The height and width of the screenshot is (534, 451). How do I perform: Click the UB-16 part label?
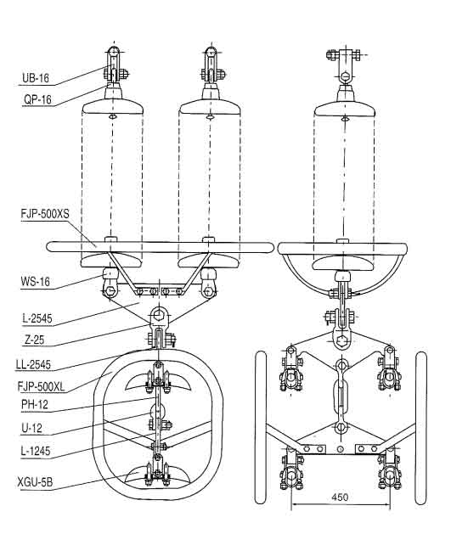pyautogui.click(x=36, y=78)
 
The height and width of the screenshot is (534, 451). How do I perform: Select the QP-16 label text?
pyautogui.click(x=37, y=99)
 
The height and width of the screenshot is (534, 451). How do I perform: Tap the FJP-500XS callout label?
pyautogui.click(x=45, y=214)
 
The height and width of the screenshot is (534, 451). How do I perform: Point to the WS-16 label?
pyautogui.click(x=35, y=282)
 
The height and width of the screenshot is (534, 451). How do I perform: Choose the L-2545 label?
pyautogui.click(x=37, y=318)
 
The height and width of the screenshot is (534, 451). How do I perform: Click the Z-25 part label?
pyautogui.click(x=35, y=340)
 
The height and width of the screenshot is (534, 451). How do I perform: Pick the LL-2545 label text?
pyautogui.click(x=33, y=365)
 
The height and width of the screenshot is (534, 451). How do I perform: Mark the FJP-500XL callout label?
pyautogui.click(x=41, y=386)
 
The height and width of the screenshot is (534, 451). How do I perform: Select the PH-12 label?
pyautogui.click(x=35, y=405)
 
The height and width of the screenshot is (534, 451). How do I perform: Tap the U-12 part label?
pyautogui.click(x=32, y=428)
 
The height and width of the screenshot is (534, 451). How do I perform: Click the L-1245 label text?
pyautogui.click(x=36, y=452)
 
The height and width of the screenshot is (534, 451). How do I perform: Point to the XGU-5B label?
pyautogui.click(x=35, y=482)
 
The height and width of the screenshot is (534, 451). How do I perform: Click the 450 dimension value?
pyautogui.click(x=340, y=497)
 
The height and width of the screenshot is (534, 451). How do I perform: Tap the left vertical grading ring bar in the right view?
pyautogui.click(x=261, y=427)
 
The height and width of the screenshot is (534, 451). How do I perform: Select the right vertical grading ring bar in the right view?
pyautogui.click(x=421, y=427)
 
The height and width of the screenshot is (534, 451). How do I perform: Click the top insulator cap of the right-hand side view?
pyautogui.click(x=345, y=93)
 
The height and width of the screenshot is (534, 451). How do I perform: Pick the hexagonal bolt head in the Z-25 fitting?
pyautogui.click(x=157, y=315)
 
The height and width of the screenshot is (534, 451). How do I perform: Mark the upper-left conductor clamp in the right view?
pyautogui.click(x=290, y=370)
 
